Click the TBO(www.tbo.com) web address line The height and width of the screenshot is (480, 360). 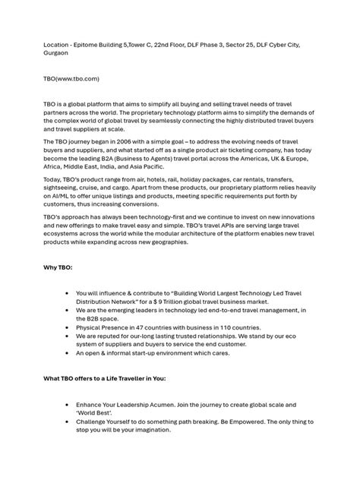tap(71, 78)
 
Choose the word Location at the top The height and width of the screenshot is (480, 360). tap(58, 46)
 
